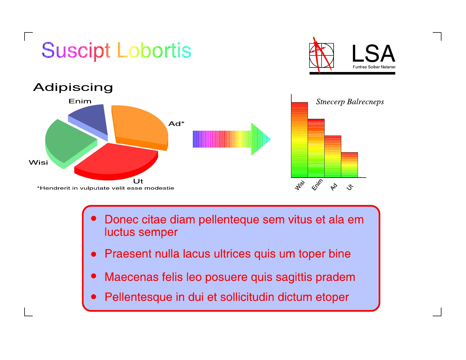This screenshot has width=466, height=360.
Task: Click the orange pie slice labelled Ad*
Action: click(x=139, y=126)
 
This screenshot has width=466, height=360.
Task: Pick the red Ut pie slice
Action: click(x=117, y=161)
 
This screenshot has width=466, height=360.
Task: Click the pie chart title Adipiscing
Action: click(x=73, y=88)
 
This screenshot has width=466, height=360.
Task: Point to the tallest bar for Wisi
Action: click(x=299, y=140)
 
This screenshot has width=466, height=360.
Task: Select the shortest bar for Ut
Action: click(x=349, y=165)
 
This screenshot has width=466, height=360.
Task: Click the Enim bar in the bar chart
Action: click(x=316, y=148)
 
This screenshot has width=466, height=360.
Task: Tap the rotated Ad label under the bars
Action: click(x=334, y=187)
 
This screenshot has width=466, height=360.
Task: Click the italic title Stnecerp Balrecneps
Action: click(x=350, y=102)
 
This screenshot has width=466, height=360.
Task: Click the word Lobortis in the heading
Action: click(x=154, y=50)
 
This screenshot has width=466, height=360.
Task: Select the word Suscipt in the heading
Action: click(x=76, y=51)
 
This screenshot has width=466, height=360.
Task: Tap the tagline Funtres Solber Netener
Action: click(x=374, y=67)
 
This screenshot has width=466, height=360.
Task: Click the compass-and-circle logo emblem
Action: click(x=321, y=55)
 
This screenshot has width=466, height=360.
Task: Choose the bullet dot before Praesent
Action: click(x=93, y=254)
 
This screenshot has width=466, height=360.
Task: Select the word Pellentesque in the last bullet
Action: click(x=139, y=297)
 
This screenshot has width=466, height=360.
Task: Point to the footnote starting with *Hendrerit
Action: click(x=106, y=188)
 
